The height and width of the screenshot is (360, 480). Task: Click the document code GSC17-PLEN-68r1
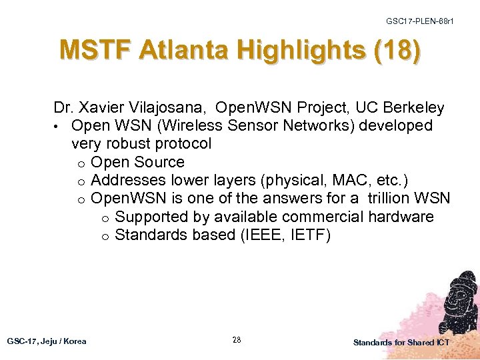pyautogui.click(x=420, y=21)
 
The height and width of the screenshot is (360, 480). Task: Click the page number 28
pyautogui.click(x=237, y=340)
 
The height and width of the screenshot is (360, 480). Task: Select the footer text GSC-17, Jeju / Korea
pyautogui.click(x=47, y=341)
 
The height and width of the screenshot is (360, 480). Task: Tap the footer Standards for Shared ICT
pyautogui.click(x=401, y=342)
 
